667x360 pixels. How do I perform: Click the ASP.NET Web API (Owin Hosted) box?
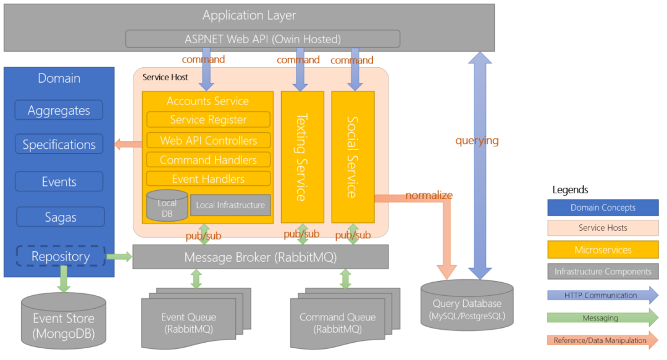262,39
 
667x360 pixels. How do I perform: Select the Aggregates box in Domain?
59,111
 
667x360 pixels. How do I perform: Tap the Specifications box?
59,144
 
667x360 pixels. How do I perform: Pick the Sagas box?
60,217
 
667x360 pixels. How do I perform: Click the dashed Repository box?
61,256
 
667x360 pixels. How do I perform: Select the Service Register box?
208,120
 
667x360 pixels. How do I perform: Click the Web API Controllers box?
208,140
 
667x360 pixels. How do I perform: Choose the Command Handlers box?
208,160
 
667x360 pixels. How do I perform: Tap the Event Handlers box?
208,179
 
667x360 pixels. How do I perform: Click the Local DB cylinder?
167,206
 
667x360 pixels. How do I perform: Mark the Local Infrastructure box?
230,205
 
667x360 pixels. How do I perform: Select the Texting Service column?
302,157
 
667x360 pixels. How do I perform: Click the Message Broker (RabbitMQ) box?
260,257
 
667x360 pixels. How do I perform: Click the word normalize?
429,195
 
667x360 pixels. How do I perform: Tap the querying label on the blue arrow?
477,140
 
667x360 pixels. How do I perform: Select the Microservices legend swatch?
603,250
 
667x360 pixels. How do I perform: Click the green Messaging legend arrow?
603,317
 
